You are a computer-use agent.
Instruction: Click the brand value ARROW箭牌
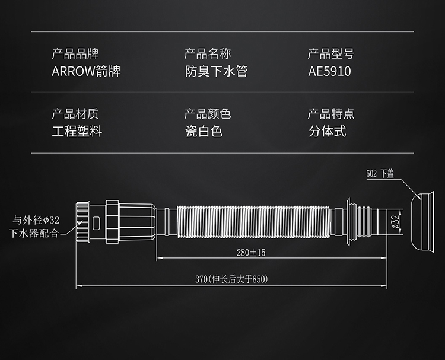pyautogui.click(x=86, y=72)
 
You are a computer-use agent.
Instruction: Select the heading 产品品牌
pyautogui.click(x=75, y=55)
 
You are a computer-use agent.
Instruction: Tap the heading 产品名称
pyautogui.click(x=207, y=55)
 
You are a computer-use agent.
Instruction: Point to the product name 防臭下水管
pyautogui.click(x=215, y=72)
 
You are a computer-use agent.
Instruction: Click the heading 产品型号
pyautogui.click(x=330, y=55)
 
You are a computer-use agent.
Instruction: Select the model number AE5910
pyautogui.click(x=329, y=72)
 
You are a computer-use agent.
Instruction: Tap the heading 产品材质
pyautogui.click(x=75, y=114)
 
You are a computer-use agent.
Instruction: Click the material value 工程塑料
pyautogui.click(x=77, y=131)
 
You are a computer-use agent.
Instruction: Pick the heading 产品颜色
pyautogui.click(x=207, y=114)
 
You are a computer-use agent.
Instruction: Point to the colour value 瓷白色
pyautogui.click(x=203, y=131)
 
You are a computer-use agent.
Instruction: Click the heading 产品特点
pyautogui.click(x=330, y=114)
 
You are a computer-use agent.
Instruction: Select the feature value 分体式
pyautogui.click(x=326, y=131)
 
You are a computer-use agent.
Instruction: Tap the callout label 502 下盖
pyautogui.click(x=380, y=174)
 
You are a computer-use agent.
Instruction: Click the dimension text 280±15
pyautogui.click(x=250, y=253)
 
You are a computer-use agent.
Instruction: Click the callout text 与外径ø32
pyautogui.click(x=35, y=220)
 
